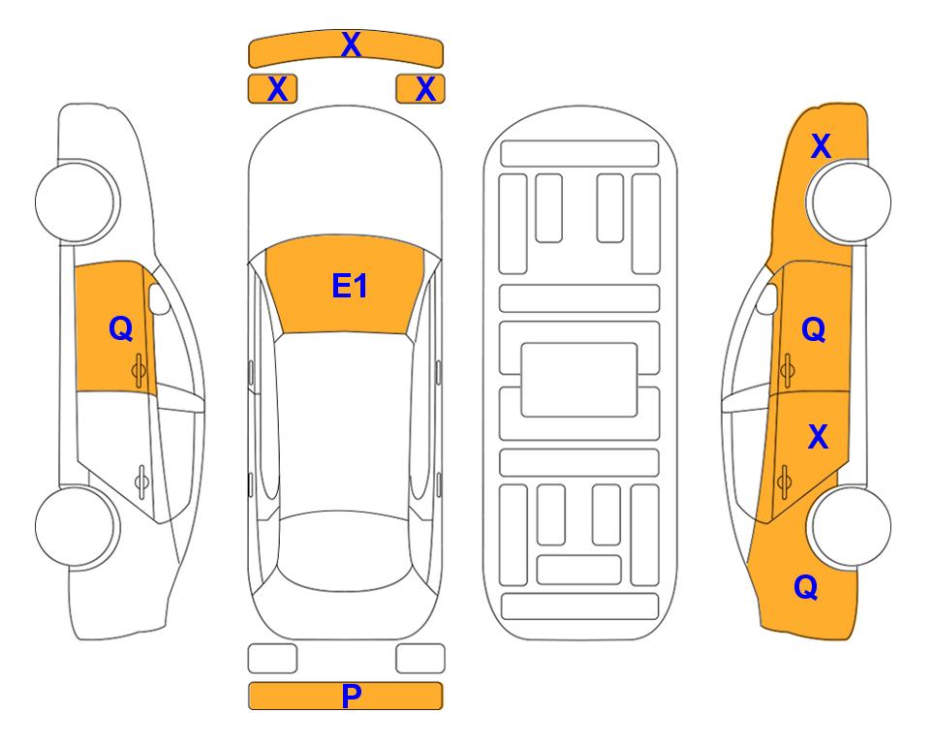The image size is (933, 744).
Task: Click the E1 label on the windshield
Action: click(x=350, y=286)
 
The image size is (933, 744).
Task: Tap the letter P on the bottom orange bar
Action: click(x=351, y=696)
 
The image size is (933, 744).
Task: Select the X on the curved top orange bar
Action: click(x=351, y=44)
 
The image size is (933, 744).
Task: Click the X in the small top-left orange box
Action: click(x=277, y=89)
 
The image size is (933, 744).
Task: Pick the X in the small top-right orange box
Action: click(x=425, y=89)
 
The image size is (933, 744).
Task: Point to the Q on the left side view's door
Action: click(x=120, y=328)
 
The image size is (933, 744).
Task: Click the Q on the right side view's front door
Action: click(x=813, y=329)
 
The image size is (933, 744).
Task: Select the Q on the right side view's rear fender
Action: click(x=806, y=587)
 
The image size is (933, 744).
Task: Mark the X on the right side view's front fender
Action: click(x=821, y=146)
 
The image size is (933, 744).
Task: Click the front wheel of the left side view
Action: click(x=76, y=202)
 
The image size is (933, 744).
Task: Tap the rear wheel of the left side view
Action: click(x=76, y=526)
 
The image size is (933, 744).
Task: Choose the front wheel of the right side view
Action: click(x=851, y=201)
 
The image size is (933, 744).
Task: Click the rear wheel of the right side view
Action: click(x=851, y=526)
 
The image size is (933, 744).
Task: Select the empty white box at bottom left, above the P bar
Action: click(x=272, y=659)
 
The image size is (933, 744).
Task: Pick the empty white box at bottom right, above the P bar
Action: click(x=420, y=659)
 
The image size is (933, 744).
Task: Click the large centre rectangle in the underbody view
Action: click(x=579, y=380)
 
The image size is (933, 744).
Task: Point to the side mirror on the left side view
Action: click(x=159, y=298)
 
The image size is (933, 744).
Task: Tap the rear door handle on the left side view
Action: click(x=141, y=480)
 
